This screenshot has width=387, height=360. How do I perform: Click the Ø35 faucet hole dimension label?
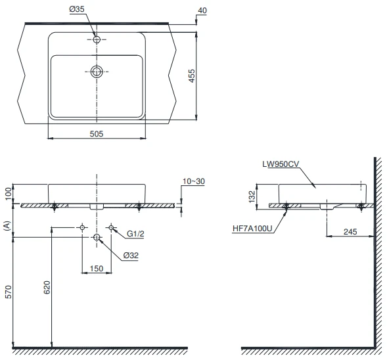click(77, 9)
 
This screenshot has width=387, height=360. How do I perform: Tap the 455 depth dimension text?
click(192, 76)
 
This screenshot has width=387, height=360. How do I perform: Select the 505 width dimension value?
click(97, 134)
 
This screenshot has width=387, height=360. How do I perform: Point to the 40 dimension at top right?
click(202, 11)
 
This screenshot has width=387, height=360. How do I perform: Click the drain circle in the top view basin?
click(97, 72)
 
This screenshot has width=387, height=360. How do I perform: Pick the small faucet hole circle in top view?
click(97, 39)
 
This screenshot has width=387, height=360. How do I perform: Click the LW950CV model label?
click(281, 164)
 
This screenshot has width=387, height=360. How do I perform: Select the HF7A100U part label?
click(252, 229)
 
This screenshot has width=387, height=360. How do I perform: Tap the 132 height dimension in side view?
click(252, 196)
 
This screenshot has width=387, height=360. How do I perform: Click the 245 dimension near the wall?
click(350, 232)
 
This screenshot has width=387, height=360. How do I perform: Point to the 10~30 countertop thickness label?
click(194, 181)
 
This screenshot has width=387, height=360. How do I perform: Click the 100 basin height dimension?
click(8, 194)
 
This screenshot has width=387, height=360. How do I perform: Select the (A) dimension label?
click(7, 226)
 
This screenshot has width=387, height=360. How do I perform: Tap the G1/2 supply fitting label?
click(135, 233)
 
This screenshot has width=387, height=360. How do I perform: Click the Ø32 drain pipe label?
click(131, 255)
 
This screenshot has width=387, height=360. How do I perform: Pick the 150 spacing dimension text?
click(97, 269)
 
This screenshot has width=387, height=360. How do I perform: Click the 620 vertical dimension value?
click(47, 287)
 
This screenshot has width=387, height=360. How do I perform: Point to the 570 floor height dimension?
click(8, 292)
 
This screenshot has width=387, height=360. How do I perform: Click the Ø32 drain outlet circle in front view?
click(97, 237)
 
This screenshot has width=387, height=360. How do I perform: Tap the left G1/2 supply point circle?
click(82, 227)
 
